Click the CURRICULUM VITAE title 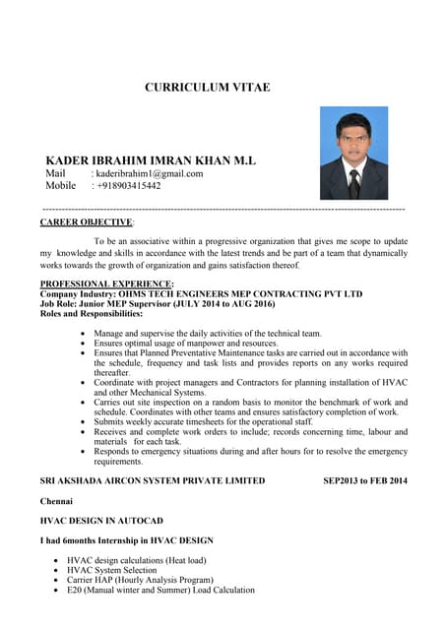208,88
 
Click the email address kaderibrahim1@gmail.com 148,173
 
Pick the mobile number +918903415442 127,185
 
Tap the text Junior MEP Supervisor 132,304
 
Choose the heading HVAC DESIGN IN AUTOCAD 100,521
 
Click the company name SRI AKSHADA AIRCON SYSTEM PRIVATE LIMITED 152,480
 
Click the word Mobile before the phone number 61,185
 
